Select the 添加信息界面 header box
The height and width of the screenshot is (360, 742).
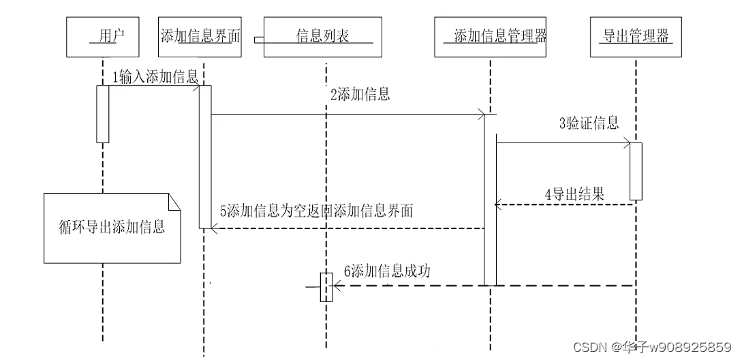click(201, 37)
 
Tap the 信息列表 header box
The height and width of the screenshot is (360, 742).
click(322, 37)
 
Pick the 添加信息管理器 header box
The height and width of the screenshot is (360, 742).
click(491, 37)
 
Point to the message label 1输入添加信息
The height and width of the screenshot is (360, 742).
click(155, 76)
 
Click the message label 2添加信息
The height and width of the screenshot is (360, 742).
click(360, 95)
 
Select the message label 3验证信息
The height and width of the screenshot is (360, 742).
click(589, 123)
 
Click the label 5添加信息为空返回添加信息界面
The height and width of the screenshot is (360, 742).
click(317, 211)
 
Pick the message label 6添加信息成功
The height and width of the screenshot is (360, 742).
click(387, 271)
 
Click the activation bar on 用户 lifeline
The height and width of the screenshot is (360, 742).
click(103, 114)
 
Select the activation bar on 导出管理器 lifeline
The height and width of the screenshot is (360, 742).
click(635, 170)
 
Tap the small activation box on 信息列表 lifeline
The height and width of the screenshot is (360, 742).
click(326, 287)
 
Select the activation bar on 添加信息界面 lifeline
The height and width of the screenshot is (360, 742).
click(205, 157)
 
